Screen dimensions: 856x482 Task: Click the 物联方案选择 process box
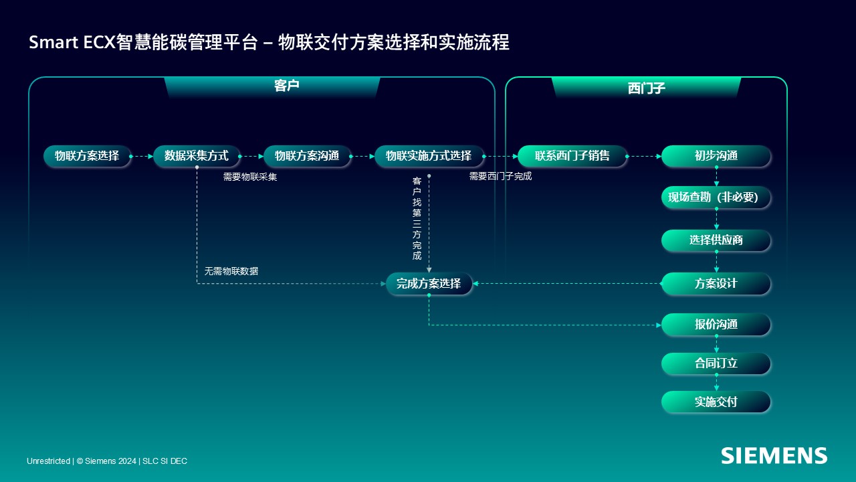[x=87, y=156]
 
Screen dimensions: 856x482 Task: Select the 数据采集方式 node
[x=197, y=156]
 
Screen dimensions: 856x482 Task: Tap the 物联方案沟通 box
[x=307, y=156]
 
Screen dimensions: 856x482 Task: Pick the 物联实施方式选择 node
[x=429, y=156]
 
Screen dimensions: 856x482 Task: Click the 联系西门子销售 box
[x=572, y=156]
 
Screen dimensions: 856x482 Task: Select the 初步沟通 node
[x=716, y=156]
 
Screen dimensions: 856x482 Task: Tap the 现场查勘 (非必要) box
[x=716, y=197]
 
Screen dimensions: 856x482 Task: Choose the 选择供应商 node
[x=716, y=240]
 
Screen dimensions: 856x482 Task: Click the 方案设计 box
[x=716, y=283]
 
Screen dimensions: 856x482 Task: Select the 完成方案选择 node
[x=429, y=283]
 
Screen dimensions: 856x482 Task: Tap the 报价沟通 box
[x=716, y=325]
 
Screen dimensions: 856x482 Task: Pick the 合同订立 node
[x=716, y=363]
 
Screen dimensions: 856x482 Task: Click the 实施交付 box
[x=716, y=402]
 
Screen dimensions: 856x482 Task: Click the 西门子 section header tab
[x=646, y=87]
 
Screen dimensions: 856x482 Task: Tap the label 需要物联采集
[x=250, y=177]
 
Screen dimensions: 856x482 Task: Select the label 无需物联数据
[x=231, y=271]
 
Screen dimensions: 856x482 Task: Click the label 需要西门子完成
[x=500, y=176]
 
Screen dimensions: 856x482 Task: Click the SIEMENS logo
[x=774, y=456]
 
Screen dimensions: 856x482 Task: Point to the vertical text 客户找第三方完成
[x=417, y=218]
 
